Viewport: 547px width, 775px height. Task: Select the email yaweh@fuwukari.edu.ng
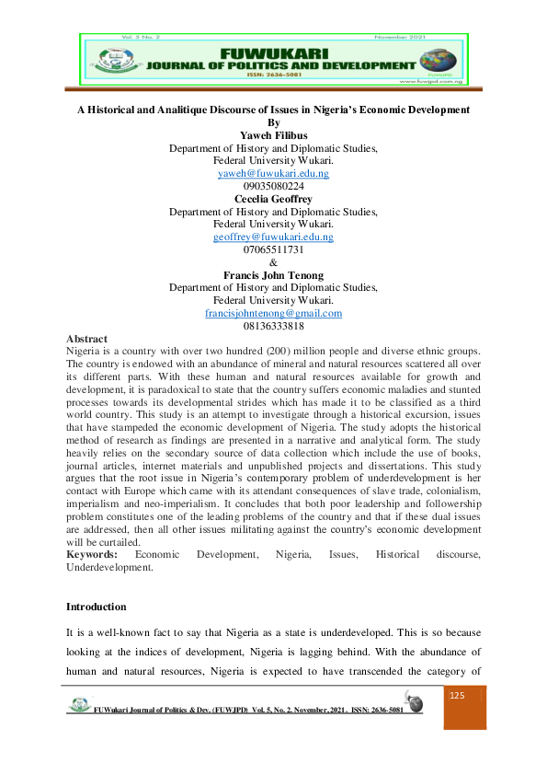point(273,173)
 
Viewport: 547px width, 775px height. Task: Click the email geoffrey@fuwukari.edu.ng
point(273,237)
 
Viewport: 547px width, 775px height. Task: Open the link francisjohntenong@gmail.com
point(273,313)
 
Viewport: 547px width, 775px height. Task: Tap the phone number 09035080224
point(273,186)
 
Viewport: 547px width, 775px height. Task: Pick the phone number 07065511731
point(273,249)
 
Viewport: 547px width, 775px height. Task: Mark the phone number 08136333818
point(273,326)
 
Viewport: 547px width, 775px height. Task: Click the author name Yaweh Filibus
point(273,135)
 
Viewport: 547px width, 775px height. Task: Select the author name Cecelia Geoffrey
point(273,199)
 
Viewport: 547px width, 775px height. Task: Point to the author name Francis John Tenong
point(273,274)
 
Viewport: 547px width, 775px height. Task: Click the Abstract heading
point(86,339)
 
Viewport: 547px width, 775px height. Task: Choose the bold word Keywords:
point(92,555)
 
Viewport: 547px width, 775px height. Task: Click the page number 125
point(457,696)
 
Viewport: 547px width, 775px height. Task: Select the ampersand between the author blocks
point(273,262)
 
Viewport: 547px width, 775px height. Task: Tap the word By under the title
point(272,122)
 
